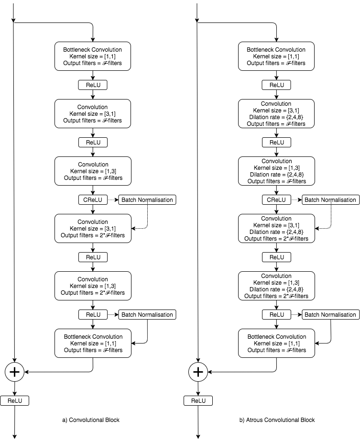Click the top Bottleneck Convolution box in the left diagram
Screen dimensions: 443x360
93,56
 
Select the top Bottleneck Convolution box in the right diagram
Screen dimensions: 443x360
276,56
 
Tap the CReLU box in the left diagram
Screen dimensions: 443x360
93,200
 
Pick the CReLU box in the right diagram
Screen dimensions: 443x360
276,200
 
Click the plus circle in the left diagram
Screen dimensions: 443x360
14,372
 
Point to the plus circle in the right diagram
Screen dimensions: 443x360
198,372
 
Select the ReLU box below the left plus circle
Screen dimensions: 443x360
14,401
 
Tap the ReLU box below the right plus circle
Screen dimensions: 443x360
198,401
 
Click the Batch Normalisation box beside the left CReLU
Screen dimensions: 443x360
147,200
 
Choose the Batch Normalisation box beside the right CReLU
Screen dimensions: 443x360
330,200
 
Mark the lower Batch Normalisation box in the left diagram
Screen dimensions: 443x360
147,315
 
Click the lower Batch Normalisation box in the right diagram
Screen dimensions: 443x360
330,315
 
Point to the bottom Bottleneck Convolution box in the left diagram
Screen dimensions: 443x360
93,343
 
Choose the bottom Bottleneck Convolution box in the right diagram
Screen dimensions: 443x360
276,343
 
